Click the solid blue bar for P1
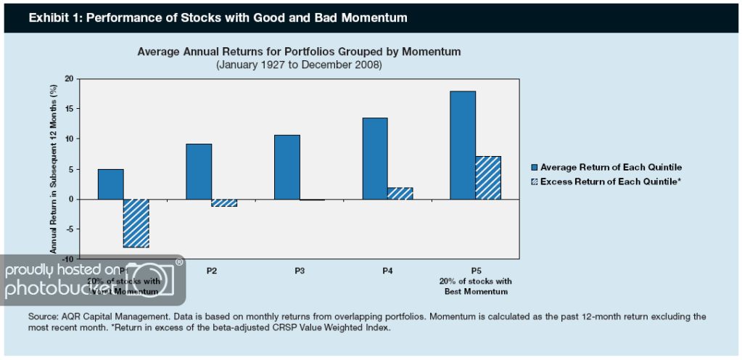[x=111, y=184]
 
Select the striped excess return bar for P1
[x=136, y=223]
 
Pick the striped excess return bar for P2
[x=224, y=202]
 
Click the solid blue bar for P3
[x=287, y=167]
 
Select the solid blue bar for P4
[x=375, y=158]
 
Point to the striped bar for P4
[x=400, y=193]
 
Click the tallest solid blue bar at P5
[x=463, y=145]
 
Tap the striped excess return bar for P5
[x=487, y=177]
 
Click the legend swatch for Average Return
[x=535, y=167]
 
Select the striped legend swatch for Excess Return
[x=535, y=181]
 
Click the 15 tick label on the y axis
[x=69, y=109]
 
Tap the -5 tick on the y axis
[x=70, y=229]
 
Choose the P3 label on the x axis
[x=299, y=270]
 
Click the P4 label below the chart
[x=387, y=270]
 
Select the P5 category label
[x=475, y=270]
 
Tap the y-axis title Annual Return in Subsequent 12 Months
[x=52, y=168]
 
